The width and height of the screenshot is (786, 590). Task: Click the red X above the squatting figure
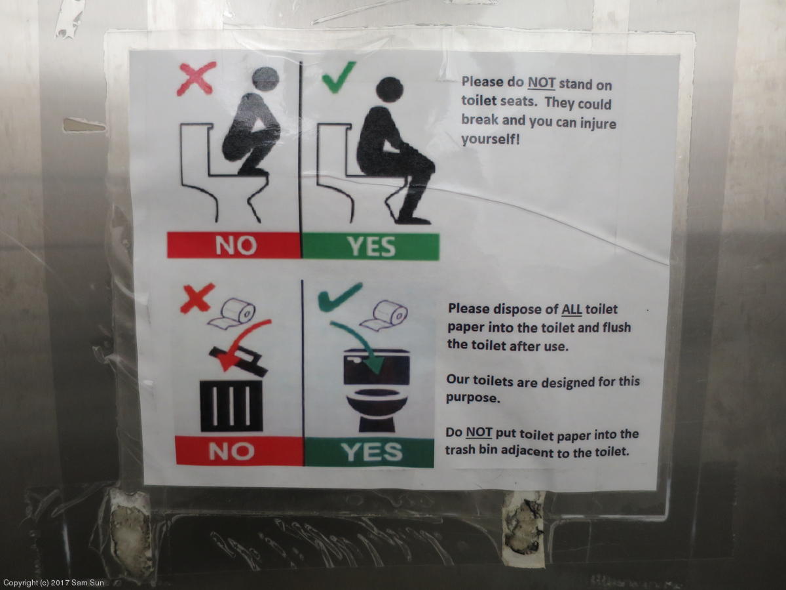(196, 79)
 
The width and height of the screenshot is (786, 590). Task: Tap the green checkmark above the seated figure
(338, 77)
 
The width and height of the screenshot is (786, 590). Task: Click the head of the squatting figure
(265, 79)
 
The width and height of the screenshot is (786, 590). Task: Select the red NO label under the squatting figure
(234, 245)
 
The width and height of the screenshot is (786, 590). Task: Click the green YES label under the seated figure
(371, 246)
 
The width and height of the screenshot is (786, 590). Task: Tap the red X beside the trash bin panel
(198, 298)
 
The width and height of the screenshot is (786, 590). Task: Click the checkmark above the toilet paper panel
(339, 296)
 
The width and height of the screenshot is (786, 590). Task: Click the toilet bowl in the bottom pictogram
(377, 404)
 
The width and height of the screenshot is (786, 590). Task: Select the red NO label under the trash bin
(239, 450)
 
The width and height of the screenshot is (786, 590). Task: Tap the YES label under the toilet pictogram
(369, 452)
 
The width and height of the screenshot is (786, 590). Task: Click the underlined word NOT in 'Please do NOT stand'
(542, 83)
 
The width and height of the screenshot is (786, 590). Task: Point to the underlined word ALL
(572, 309)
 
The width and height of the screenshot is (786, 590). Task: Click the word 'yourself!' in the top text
(490, 139)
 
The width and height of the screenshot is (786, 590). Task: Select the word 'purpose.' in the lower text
(473, 398)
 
